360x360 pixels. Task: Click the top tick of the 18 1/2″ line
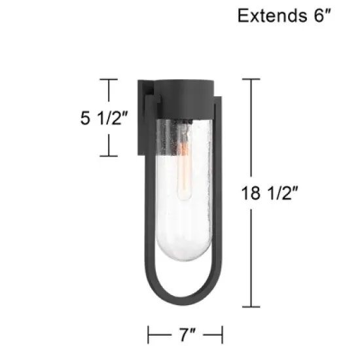pos(251,79)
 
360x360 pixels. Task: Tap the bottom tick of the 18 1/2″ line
pos(251,306)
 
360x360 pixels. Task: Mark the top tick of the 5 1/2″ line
pos(108,80)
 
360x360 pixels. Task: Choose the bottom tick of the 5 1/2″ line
pos(108,156)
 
